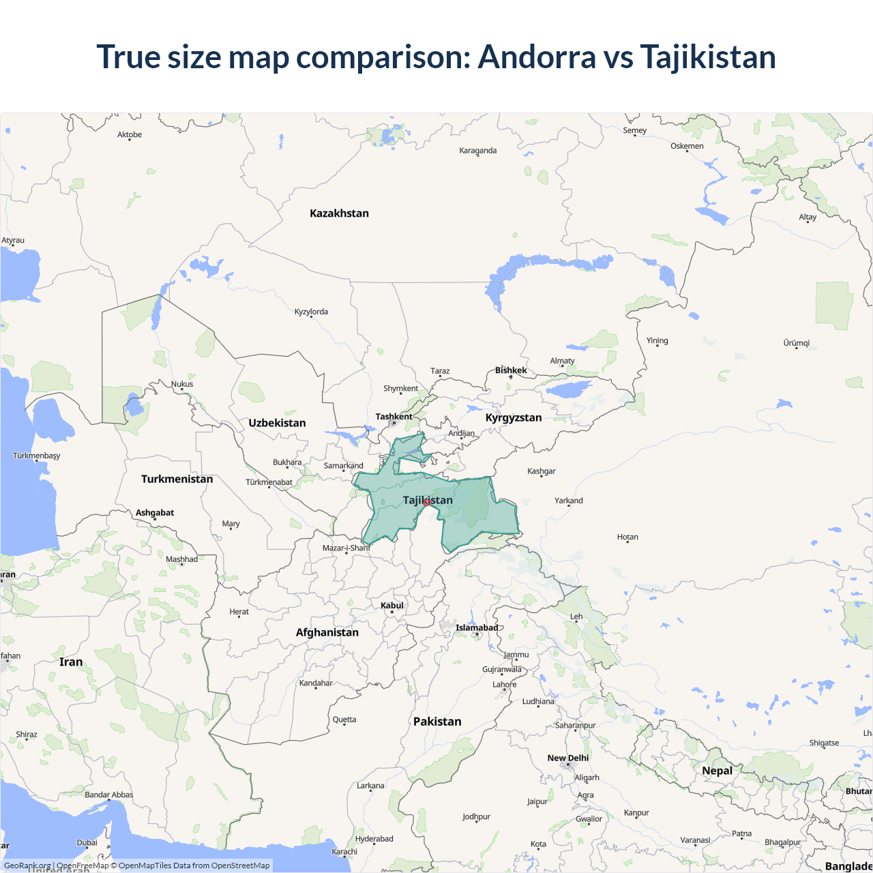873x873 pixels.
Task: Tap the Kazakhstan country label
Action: click(x=339, y=213)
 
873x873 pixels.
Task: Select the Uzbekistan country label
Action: click(x=277, y=423)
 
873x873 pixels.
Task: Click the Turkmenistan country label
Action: click(x=177, y=479)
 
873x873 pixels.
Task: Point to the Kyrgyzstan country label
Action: click(x=514, y=417)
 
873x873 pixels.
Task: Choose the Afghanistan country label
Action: click(x=327, y=632)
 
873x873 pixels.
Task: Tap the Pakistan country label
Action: click(x=437, y=722)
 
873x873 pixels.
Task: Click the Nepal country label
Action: click(x=717, y=771)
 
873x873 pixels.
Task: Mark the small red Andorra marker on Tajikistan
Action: click(x=427, y=503)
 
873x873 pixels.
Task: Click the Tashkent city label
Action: click(x=394, y=417)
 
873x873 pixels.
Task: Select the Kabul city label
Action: click(x=392, y=606)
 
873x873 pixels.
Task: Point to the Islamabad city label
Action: click(x=477, y=627)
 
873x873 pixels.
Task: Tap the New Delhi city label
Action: click(x=567, y=758)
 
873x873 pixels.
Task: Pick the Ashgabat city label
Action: click(x=155, y=513)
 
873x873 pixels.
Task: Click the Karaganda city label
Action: click(x=477, y=151)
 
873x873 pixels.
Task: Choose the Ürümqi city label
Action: click(x=796, y=343)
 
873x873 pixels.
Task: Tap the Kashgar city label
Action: click(x=542, y=471)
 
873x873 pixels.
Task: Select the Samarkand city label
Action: click(x=343, y=466)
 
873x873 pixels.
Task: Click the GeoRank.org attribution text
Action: click(x=27, y=865)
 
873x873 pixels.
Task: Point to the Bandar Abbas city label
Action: click(x=109, y=795)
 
